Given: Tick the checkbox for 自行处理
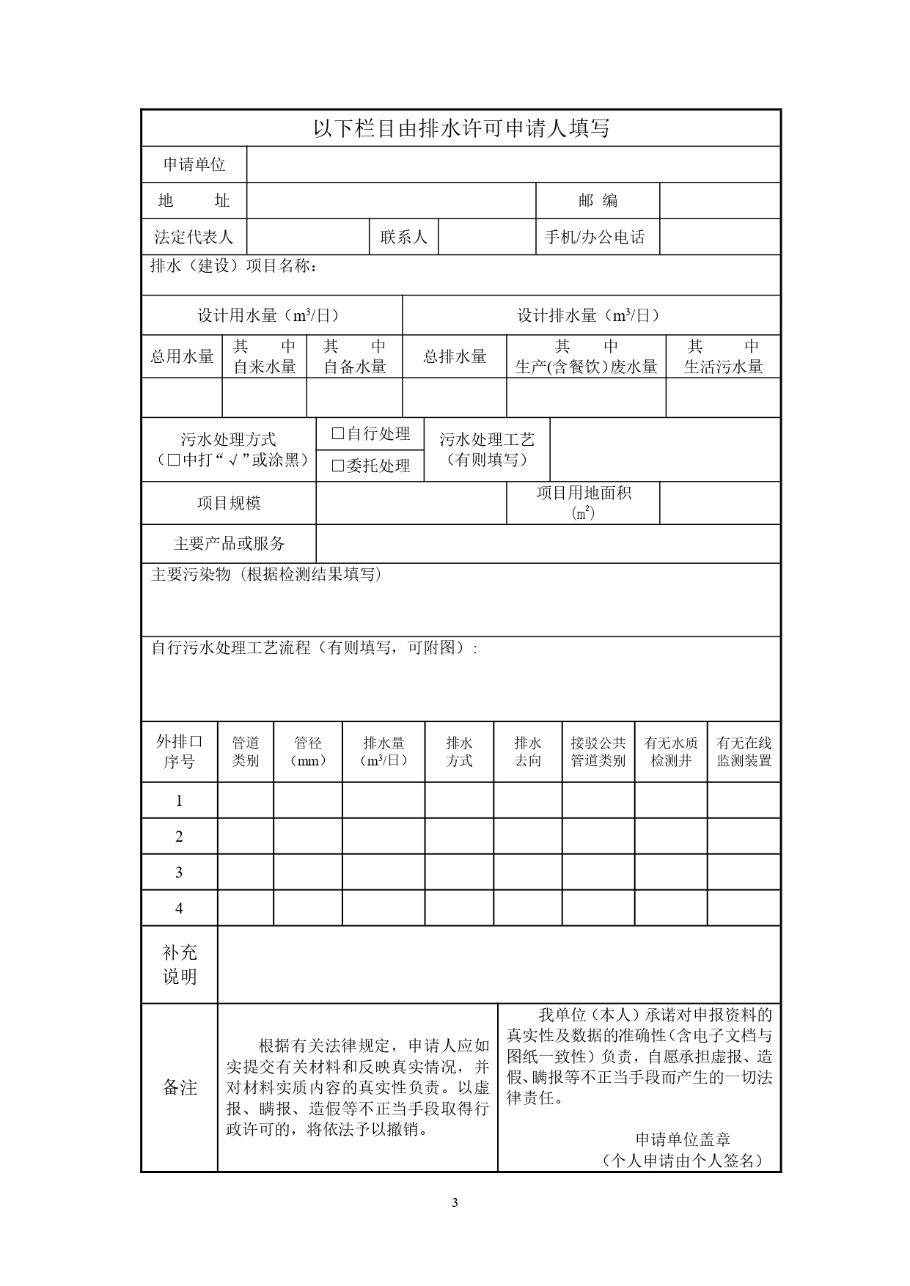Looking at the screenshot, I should pos(338,434).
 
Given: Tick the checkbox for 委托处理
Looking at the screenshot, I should pos(338,466).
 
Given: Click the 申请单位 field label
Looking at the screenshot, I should pos(194,164).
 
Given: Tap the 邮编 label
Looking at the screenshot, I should pos(598,200).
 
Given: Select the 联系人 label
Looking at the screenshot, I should pos(403,237).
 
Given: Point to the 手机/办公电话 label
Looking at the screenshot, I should pos(595,237).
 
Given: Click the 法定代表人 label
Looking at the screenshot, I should pos(194,237).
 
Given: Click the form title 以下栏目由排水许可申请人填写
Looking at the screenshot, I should pos(461,129).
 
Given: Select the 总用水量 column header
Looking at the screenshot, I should pos(182,356).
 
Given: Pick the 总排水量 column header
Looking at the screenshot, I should pos(455,356).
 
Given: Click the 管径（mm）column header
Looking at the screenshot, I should pos(308,752).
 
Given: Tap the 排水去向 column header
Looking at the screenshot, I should pos(528,752).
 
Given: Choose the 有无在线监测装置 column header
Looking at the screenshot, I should pos(744,752).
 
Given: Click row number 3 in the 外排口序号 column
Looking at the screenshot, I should pos(179,872).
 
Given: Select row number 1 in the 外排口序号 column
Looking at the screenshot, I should pos(179,801).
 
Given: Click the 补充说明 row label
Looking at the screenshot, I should pos(180,964).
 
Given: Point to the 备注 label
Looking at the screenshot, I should pos(180,1087).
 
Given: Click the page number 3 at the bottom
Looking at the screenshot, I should pos(455,1202).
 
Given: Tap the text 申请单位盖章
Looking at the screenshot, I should pos(683,1139).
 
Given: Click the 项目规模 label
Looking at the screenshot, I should pos(229,503).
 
